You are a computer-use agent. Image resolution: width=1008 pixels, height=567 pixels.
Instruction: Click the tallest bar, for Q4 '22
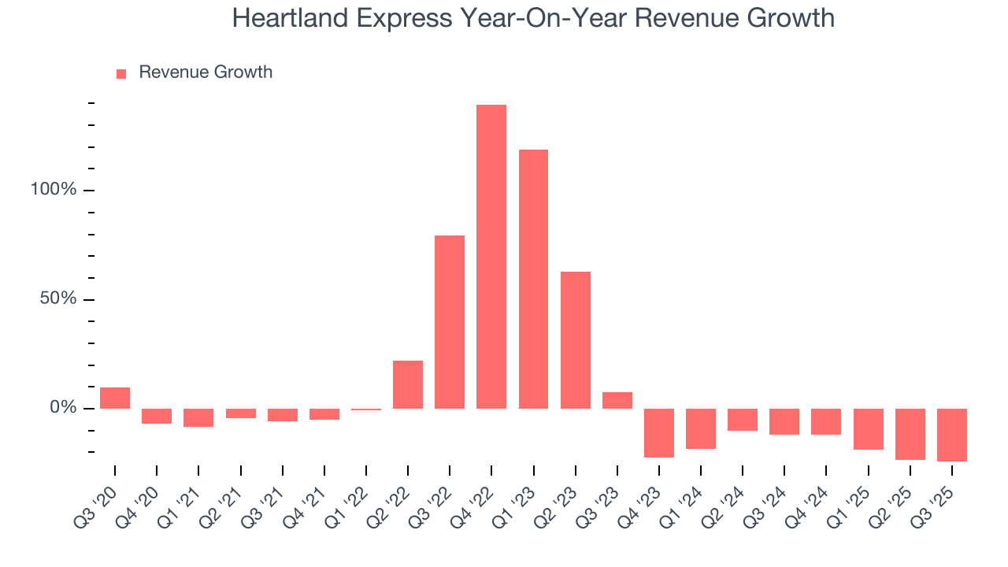tap(491, 256)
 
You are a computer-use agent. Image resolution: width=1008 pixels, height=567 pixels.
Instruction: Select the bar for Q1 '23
tap(533, 279)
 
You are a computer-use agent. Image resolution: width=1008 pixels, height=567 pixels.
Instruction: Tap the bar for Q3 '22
tap(450, 321)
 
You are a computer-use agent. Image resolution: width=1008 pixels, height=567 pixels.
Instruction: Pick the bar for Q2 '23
tap(575, 339)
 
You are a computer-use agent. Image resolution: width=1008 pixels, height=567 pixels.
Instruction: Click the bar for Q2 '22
tap(408, 384)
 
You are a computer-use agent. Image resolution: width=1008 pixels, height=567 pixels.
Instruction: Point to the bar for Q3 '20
tap(115, 398)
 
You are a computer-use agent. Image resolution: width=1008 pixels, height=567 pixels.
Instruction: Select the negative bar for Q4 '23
tap(659, 432)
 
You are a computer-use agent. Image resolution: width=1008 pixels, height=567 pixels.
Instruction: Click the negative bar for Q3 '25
tap(952, 435)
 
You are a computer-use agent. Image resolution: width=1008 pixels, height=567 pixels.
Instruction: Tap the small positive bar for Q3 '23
tap(617, 400)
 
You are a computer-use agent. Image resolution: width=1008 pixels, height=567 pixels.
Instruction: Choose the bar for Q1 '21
tap(198, 417)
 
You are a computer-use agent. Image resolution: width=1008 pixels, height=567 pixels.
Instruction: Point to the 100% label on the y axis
tap(54, 191)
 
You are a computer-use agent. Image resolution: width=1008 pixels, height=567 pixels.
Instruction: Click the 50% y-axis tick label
tap(58, 299)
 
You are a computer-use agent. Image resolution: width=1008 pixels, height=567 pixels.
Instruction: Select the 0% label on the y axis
tap(63, 408)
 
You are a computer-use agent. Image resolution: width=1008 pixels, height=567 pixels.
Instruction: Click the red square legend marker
tap(121, 73)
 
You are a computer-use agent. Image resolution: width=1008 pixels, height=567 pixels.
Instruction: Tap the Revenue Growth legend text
tap(206, 72)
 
